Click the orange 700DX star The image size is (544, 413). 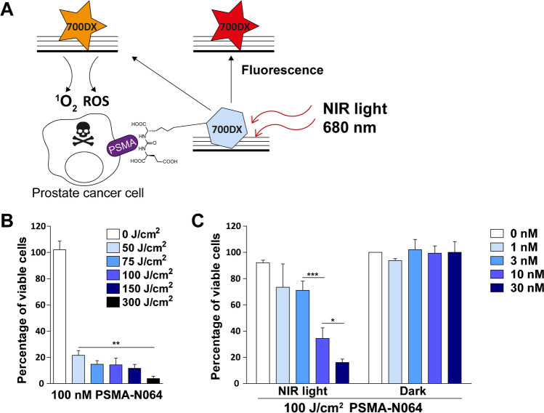(x=84, y=28)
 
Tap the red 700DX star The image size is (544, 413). (x=228, y=28)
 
